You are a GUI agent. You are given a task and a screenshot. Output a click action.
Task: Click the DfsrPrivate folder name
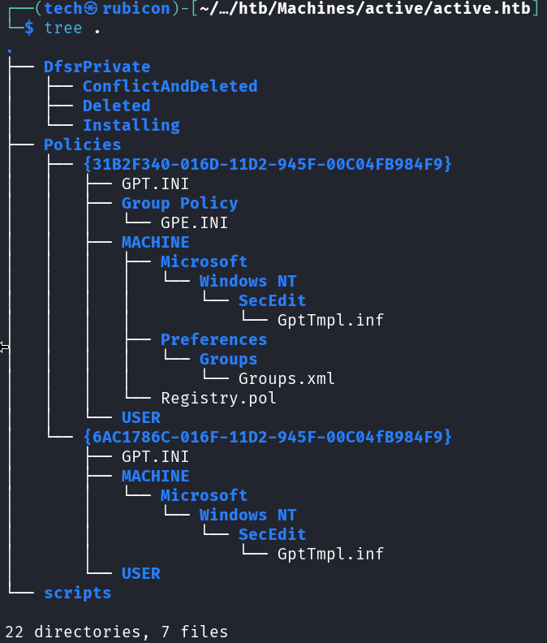[x=97, y=67]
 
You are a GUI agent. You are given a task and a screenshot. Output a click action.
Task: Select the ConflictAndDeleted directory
[x=170, y=86]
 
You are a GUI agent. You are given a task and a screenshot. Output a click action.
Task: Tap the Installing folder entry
[x=131, y=125]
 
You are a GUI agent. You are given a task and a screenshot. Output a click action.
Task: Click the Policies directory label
[x=82, y=145]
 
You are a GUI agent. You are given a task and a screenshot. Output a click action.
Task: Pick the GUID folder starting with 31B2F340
[x=267, y=164]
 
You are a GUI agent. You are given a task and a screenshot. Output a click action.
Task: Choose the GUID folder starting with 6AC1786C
[x=267, y=437]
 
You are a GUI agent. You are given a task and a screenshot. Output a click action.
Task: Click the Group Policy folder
[x=179, y=203]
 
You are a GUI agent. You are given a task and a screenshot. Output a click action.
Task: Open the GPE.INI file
[x=194, y=222]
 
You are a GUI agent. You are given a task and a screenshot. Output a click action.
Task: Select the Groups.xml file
[x=286, y=378]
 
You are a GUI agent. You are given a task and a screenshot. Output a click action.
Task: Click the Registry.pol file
[x=218, y=398]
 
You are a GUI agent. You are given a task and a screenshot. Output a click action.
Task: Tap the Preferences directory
[x=213, y=339]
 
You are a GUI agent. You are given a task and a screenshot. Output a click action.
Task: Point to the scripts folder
[x=77, y=593]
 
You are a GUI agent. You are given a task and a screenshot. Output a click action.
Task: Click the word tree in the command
[x=63, y=28]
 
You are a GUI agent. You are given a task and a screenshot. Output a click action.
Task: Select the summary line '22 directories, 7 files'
[x=116, y=631]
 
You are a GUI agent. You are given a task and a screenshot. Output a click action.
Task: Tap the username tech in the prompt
[x=64, y=9]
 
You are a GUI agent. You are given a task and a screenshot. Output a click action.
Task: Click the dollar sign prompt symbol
[x=29, y=28]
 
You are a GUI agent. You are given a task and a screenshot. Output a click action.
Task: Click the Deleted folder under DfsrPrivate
[x=116, y=106]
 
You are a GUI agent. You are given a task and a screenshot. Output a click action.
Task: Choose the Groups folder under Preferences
[x=228, y=359]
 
